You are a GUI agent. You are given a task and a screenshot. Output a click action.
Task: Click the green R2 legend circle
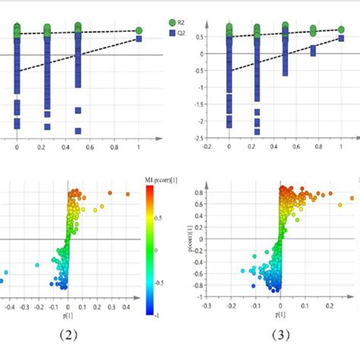172,24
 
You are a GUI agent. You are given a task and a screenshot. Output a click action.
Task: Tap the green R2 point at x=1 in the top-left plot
139,30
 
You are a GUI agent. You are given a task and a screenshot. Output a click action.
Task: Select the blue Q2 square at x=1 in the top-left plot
139,39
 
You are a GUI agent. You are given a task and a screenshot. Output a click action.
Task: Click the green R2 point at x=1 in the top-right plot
342,30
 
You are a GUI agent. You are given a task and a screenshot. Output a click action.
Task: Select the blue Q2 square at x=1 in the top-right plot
342,35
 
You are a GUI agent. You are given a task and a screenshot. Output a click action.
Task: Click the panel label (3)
276,335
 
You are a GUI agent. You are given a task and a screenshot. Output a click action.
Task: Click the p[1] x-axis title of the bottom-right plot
280,313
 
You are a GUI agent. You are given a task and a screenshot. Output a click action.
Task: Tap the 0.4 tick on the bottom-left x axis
126,310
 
